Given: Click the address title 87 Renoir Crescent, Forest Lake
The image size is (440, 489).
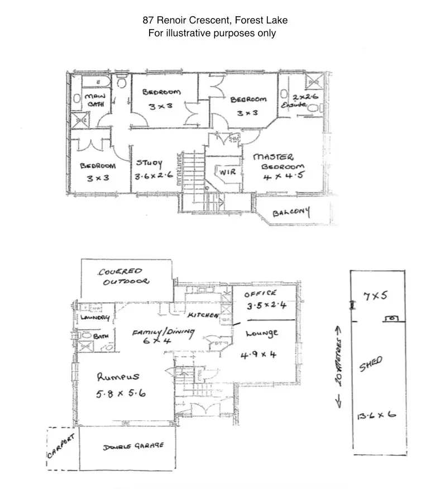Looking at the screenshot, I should (x=215, y=21).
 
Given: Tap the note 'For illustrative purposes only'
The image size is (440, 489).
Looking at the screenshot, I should (x=212, y=34).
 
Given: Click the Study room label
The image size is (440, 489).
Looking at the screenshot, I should (x=149, y=164).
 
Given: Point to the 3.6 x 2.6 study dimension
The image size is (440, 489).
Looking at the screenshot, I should (x=154, y=177).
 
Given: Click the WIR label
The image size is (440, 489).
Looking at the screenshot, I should (x=227, y=173).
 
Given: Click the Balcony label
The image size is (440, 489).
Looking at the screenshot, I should (x=291, y=212).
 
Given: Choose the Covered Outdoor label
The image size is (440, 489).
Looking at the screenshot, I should (x=123, y=277).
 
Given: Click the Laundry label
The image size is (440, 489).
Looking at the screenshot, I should (x=94, y=319).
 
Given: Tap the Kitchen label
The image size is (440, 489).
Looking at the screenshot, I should (x=203, y=316).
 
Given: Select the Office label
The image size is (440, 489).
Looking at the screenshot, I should (x=261, y=293).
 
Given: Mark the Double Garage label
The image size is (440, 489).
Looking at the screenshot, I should (x=133, y=447).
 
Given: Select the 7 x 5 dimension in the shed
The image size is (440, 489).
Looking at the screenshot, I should (x=375, y=296).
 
